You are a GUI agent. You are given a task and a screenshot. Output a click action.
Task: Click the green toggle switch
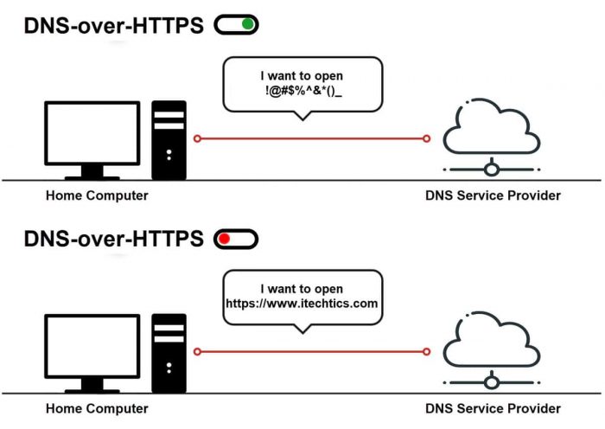(236, 25)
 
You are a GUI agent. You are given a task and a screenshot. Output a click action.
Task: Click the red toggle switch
(236, 238)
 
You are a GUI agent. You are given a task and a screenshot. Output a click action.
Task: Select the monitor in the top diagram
(91, 131)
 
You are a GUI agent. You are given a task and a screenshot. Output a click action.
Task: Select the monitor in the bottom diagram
(91, 344)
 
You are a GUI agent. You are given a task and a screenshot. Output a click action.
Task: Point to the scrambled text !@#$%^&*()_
(302, 91)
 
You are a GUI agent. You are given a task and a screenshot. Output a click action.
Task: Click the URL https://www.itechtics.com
(302, 304)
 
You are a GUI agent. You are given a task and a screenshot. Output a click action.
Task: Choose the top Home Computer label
(97, 195)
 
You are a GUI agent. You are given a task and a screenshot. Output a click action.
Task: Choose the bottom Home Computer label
(97, 408)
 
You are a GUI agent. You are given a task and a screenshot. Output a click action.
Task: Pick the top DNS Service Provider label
(493, 195)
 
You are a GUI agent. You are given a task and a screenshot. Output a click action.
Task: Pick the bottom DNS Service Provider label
(493, 408)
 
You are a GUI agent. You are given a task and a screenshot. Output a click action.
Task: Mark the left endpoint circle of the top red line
(197, 138)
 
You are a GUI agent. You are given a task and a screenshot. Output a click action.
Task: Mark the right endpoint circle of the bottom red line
(426, 351)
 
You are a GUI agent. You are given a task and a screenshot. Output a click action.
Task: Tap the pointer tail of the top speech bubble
(302, 116)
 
